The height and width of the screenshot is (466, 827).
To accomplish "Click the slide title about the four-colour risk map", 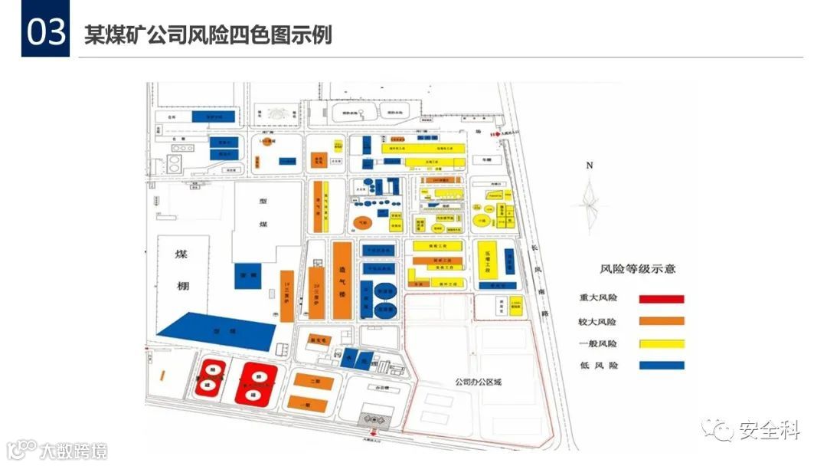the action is [x=208, y=35].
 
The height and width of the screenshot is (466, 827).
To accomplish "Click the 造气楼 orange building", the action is [x=342, y=280].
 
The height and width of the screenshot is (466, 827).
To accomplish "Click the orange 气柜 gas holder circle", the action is [x=363, y=223].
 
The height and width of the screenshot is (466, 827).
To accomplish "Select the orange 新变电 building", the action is [x=317, y=338].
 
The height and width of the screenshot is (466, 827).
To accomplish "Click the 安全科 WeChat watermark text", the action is [x=769, y=431].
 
